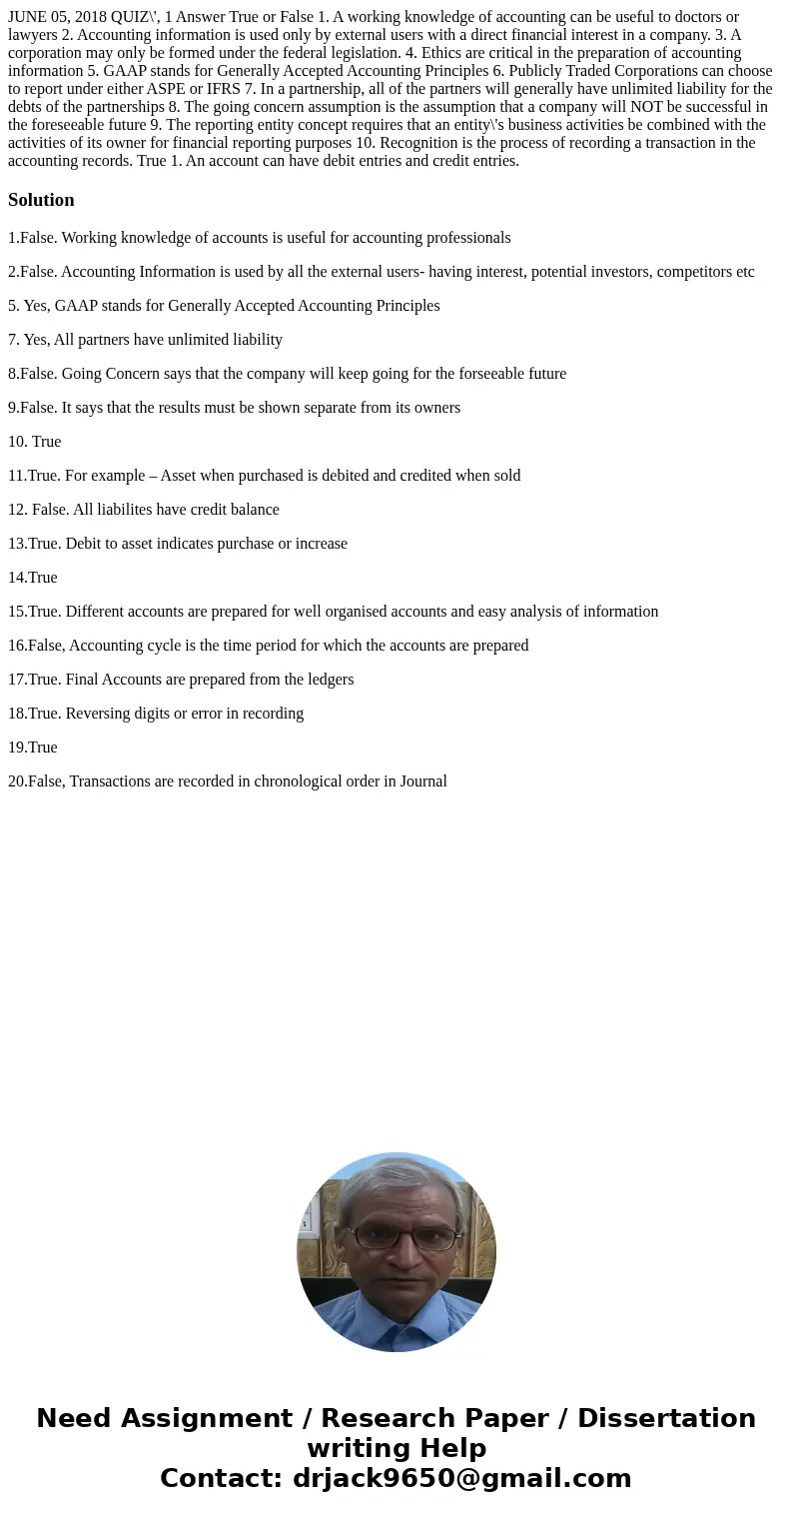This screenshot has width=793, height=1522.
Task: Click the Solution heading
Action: click(x=41, y=200)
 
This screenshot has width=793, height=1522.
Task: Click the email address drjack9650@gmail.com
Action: click(x=461, y=1478)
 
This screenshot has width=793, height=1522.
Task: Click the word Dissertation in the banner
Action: click(x=666, y=1418)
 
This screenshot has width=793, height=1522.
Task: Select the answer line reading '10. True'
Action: click(x=35, y=442)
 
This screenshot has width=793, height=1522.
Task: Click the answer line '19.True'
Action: click(x=33, y=748)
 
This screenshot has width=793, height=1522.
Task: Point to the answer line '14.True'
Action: click(x=33, y=578)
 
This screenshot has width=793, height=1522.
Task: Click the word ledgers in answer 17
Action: click(x=328, y=680)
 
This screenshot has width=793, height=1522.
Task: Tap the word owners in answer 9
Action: click(x=436, y=408)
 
